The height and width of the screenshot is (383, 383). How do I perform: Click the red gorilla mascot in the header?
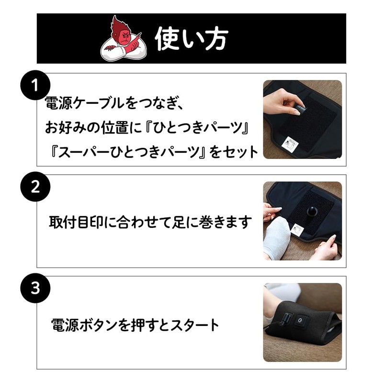tap(122, 38)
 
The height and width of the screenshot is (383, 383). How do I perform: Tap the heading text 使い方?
tap(191, 38)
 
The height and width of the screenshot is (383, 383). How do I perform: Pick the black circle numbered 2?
tap(34, 187)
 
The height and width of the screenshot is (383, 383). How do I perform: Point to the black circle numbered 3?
tap(34, 289)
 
